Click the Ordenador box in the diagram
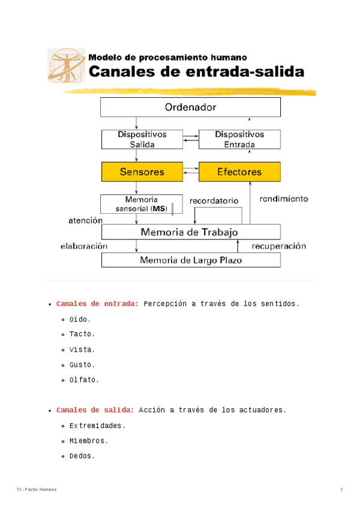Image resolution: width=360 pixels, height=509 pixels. pos(190,107)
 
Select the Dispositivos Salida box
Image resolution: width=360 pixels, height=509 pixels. pos(142,139)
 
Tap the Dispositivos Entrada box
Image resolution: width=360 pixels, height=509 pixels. pos(239,139)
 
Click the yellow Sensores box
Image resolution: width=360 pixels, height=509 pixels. pos(142,172)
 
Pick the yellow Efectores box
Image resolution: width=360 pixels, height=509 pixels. pos(239,172)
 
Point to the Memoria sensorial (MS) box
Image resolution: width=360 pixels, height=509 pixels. pos(142,204)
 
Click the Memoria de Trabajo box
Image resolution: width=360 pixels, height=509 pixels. pos(190,232)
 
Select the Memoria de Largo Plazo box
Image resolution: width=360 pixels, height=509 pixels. pos(190,260)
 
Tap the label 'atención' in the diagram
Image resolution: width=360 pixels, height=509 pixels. pos(85,220)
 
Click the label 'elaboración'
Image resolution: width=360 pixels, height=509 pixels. pos(83,246)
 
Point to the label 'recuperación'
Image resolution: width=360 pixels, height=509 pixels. pos(278,246)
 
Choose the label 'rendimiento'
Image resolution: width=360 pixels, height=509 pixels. pos(284,199)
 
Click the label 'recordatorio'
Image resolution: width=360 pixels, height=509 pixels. pos(214,201)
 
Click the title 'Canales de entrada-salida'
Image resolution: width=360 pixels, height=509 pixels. pos(197,72)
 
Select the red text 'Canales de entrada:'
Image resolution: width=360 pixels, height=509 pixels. pos(97,304)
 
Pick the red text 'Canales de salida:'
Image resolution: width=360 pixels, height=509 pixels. pos(95,410)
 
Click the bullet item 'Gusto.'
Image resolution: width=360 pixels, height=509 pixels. pos(82,365)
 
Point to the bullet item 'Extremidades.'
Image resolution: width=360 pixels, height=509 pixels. pos(97,426)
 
